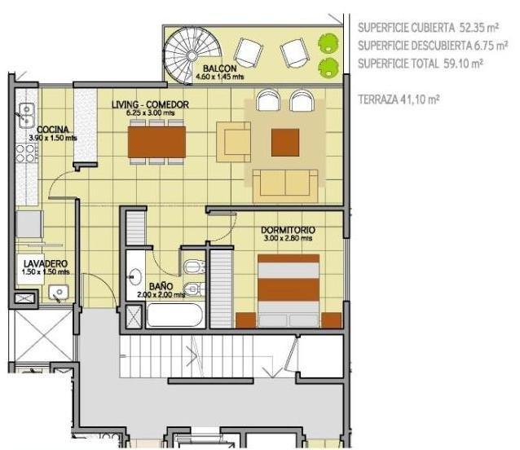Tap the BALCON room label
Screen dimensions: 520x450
(219, 68)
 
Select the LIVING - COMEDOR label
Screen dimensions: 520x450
(150, 105)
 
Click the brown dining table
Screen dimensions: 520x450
(156, 142)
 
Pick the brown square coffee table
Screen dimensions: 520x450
(285, 143)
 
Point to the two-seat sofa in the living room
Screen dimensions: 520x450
(285, 186)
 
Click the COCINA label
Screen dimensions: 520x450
(53, 130)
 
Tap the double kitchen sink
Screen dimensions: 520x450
(27, 116)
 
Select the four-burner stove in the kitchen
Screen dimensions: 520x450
(26, 153)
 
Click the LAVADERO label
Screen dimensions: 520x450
(46, 264)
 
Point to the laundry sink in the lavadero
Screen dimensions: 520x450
(59, 293)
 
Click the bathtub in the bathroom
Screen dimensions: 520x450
(174, 315)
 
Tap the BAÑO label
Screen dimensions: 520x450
(161, 286)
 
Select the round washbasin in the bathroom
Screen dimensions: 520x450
(135, 276)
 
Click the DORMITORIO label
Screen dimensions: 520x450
(288, 230)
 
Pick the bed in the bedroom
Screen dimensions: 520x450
(289, 291)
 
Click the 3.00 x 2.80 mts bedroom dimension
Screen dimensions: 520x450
(288, 238)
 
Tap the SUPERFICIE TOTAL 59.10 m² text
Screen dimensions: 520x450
(421, 63)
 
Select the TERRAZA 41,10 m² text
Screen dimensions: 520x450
(399, 99)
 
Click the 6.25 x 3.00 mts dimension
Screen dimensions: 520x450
(150, 112)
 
